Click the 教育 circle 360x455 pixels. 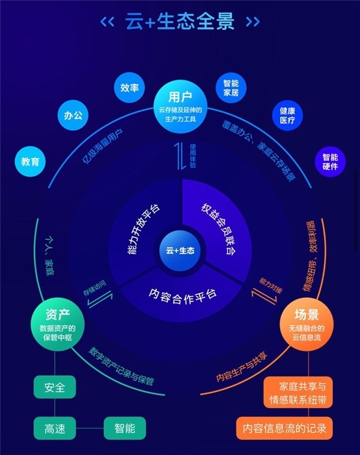pyautogui.click(x=30, y=161)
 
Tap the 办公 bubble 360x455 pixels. pyautogui.click(x=73, y=115)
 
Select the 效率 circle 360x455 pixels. pyautogui.click(x=129, y=88)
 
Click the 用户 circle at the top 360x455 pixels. pyautogui.click(x=180, y=107)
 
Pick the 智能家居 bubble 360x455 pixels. pyautogui.click(x=231, y=88)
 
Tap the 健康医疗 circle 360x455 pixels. pyautogui.click(x=287, y=115)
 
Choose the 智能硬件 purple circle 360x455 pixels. pyautogui.click(x=330, y=162)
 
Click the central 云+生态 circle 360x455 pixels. pyautogui.click(x=180, y=251)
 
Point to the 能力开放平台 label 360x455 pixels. pyautogui.click(x=143, y=229)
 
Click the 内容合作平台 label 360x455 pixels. pyautogui.click(x=182, y=296)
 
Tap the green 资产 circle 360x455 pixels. pyautogui.click(x=58, y=324)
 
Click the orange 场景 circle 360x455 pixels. pyautogui.click(x=307, y=324)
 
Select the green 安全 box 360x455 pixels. pyautogui.click(x=55, y=387)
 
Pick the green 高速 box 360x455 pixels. pyautogui.click(x=55, y=428)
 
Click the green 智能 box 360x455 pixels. pyautogui.click(x=125, y=428)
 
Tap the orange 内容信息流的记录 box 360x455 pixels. pyautogui.click(x=284, y=428)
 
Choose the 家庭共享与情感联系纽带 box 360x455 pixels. pyautogui.click(x=298, y=393)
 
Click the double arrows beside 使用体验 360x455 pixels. pyautogui.click(x=180, y=156)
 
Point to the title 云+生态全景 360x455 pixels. pyautogui.click(x=180, y=21)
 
